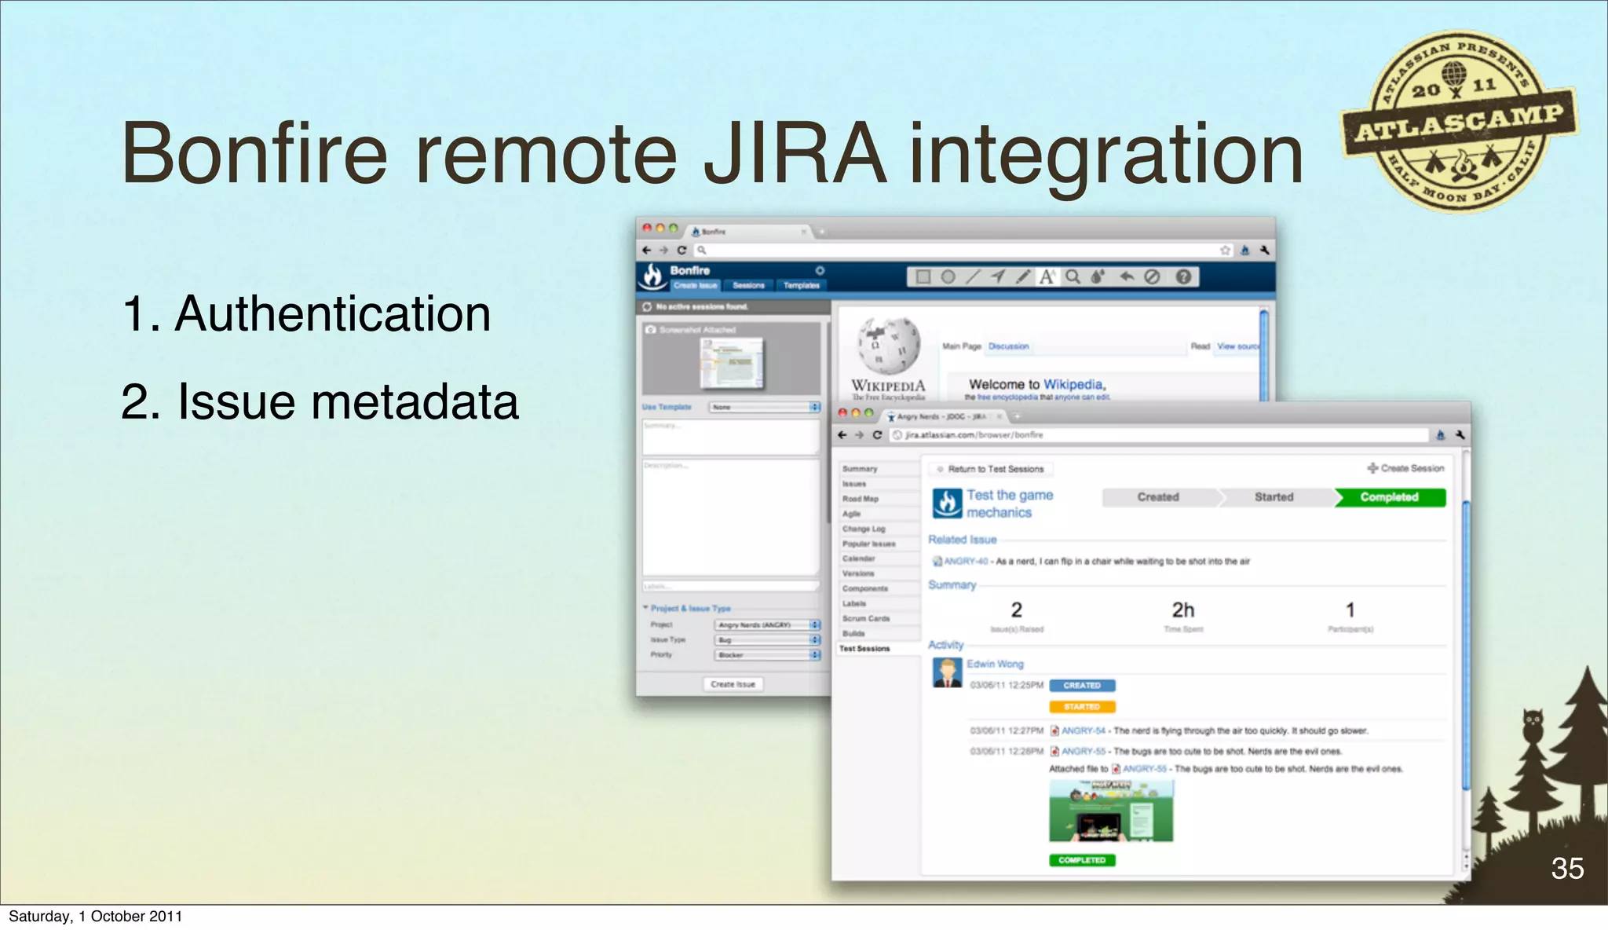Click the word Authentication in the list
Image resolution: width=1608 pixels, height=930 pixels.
pyautogui.click(x=333, y=314)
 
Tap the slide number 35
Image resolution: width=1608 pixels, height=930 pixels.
pyautogui.click(x=1566, y=868)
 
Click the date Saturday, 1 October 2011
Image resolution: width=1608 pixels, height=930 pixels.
pyautogui.click(x=95, y=916)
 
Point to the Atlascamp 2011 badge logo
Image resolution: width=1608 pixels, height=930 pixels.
pyautogui.click(x=1458, y=122)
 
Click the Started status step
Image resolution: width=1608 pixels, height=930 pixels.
pyautogui.click(x=1274, y=497)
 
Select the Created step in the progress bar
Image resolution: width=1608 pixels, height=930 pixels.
pyautogui.click(x=1158, y=497)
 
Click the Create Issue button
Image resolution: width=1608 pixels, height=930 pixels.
pyautogui.click(x=733, y=684)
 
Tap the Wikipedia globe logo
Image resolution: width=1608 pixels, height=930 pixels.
pyautogui.click(x=888, y=346)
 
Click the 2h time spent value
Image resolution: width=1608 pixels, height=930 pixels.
pyautogui.click(x=1182, y=610)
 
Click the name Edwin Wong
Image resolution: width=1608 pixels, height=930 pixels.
pyautogui.click(x=995, y=664)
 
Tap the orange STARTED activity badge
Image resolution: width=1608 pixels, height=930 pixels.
pyautogui.click(x=1081, y=707)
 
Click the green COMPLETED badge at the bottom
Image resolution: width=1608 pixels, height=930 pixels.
pyautogui.click(x=1081, y=860)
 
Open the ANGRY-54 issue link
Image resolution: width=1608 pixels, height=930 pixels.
pyautogui.click(x=1083, y=730)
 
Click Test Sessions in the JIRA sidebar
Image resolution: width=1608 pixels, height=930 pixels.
pyautogui.click(x=864, y=649)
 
